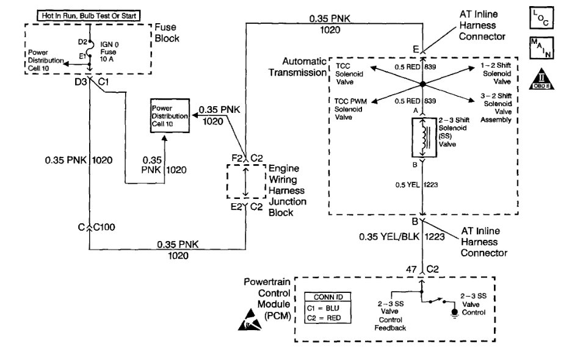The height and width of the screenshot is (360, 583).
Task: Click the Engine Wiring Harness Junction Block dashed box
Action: coord(245,181)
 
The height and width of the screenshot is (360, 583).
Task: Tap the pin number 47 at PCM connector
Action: coord(411,267)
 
